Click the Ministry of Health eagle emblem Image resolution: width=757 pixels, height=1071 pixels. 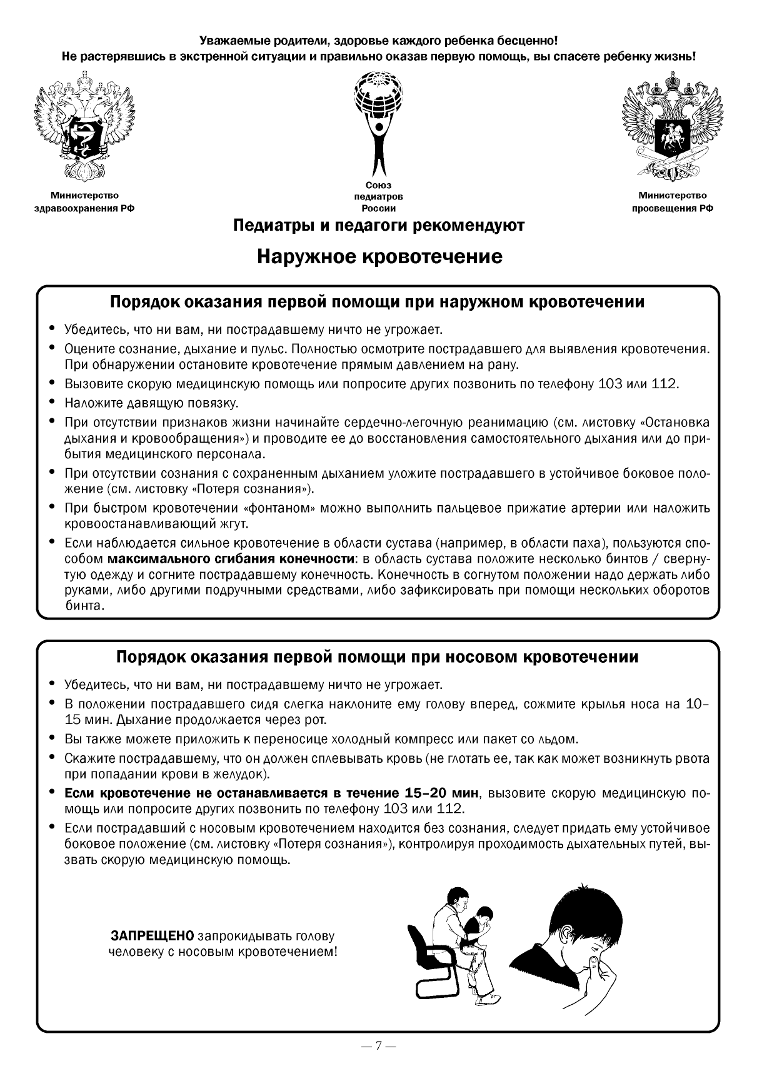(x=84, y=128)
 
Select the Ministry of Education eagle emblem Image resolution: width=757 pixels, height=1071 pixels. (x=672, y=128)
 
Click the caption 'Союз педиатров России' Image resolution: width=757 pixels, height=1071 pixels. (x=378, y=197)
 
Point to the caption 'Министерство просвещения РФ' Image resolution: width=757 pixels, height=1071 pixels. (x=672, y=202)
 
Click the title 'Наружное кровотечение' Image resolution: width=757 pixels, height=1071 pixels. (x=379, y=256)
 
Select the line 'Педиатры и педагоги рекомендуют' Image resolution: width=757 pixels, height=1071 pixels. (x=378, y=225)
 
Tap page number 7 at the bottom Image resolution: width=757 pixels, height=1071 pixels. (x=378, y=1045)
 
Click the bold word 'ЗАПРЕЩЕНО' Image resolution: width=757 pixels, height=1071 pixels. (x=153, y=937)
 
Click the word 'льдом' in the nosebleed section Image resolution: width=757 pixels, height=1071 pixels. (x=558, y=740)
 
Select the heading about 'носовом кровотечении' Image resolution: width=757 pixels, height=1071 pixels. (x=378, y=657)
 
